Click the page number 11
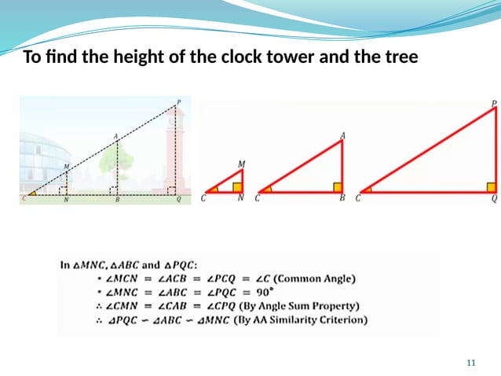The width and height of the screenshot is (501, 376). [471, 362]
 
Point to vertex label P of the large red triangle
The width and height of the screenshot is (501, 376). [494, 103]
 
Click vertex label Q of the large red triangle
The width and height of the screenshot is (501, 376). [493, 199]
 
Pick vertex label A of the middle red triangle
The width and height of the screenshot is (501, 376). [342, 135]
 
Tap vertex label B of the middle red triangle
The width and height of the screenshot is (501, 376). [342, 199]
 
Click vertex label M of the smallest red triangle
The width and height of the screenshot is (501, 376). [241, 164]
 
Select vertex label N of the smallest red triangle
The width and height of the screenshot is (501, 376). [240, 199]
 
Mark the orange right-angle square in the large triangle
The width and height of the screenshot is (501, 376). [492, 187]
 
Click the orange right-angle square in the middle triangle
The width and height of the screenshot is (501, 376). [338, 187]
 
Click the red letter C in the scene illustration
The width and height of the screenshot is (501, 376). [24, 199]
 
